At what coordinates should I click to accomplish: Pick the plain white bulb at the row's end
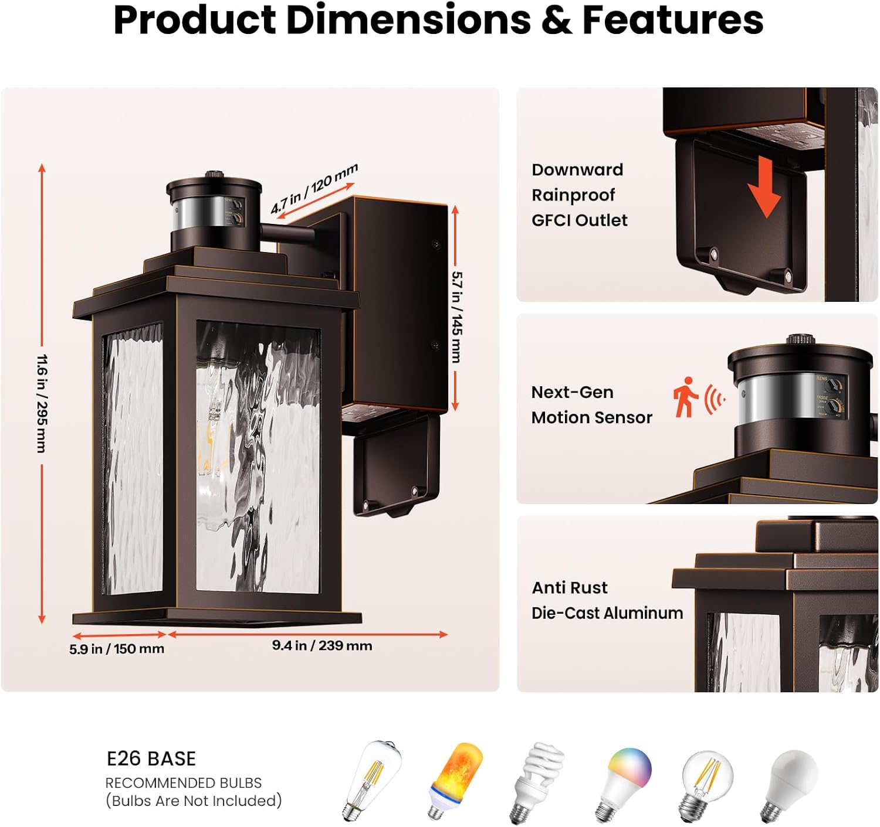790,782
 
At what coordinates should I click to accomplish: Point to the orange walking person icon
685,397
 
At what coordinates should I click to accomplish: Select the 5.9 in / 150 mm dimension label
117,649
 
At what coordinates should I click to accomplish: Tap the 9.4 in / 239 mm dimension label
322,645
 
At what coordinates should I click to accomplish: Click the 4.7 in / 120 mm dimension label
314,189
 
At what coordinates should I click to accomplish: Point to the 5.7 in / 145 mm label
457,316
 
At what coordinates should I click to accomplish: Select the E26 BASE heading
151,758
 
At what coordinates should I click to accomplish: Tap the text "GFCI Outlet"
579,220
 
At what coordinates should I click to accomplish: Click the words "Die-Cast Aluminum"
607,613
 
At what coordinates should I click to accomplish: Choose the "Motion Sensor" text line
591,417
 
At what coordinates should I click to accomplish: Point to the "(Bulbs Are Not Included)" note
194,801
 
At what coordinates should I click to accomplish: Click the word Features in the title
672,20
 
